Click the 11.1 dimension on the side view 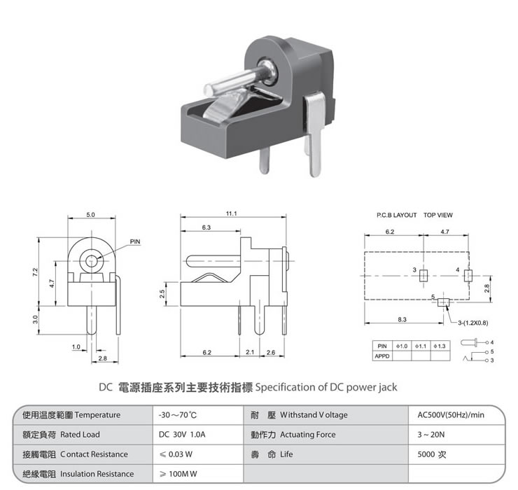point(231,213)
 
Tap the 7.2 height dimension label point(35,272)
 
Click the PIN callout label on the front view point(135,241)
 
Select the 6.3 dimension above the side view point(206,227)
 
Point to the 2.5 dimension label point(162,294)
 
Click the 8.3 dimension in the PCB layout point(402,319)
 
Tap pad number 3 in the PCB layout point(423,275)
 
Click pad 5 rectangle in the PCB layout point(443,302)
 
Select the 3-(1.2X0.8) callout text point(473,323)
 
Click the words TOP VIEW point(438,215)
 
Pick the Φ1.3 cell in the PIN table point(440,346)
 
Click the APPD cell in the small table point(382,356)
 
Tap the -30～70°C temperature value point(178,414)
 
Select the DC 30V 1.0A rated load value point(182,434)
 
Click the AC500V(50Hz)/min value point(451,414)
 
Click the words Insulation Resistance point(97,474)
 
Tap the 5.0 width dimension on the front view point(90,215)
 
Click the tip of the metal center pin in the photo point(208,90)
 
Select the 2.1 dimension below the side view point(250,352)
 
